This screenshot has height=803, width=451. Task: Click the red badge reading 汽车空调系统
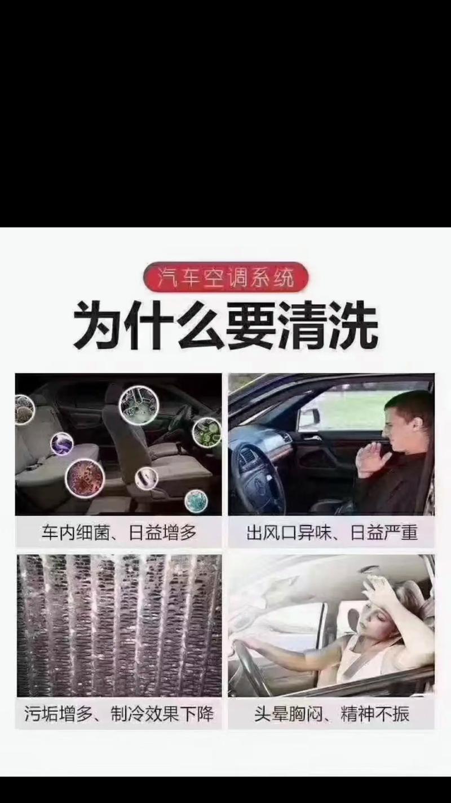225,277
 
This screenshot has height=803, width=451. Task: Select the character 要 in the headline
251,325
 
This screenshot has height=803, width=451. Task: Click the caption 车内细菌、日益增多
119,532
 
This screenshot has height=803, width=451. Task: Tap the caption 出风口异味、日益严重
332,532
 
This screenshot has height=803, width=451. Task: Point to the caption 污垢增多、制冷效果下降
119,714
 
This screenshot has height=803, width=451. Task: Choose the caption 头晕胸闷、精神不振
332,714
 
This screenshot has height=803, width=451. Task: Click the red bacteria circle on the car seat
85,478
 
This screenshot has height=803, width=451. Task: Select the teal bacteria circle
196,501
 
